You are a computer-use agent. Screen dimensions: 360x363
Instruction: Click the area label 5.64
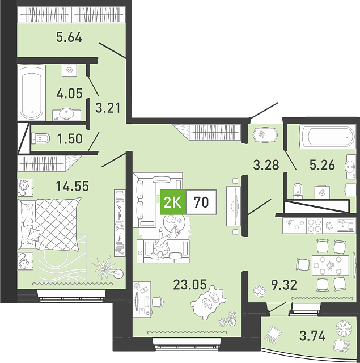point(69,37)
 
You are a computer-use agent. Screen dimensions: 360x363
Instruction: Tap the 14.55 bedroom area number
point(73,186)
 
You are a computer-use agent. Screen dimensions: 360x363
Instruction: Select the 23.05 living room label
point(190,285)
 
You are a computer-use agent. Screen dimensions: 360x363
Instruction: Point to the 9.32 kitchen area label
point(284,285)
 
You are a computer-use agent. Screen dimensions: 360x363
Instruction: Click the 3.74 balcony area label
point(312,336)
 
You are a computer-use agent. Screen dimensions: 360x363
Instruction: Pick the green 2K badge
point(173,202)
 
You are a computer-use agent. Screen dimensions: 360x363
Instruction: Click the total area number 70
point(201,202)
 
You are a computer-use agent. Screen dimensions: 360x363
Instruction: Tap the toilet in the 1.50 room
point(40,138)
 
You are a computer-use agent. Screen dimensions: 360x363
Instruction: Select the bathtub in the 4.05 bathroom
point(32,92)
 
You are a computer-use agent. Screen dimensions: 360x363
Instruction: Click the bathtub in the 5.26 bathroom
point(327,137)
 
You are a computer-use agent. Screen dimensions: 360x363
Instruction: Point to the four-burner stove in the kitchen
point(315,226)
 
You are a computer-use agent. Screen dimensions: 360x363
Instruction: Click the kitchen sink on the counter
point(345,226)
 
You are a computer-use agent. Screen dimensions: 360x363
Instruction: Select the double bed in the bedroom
point(50,225)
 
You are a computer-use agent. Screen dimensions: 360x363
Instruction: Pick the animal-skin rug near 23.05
point(208,303)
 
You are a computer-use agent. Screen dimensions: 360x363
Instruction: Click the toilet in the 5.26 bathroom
point(298,191)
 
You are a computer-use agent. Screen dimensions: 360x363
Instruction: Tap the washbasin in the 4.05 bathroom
point(67,115)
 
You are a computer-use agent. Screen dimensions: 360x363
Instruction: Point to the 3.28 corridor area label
point(266,165)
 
